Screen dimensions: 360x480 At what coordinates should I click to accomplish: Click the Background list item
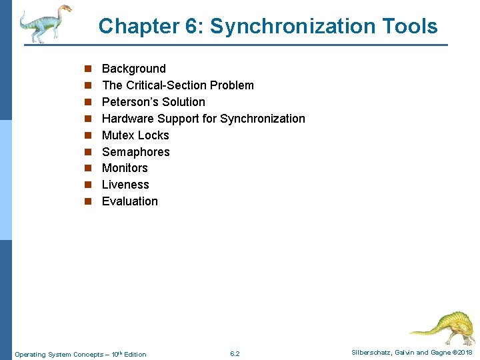[x=133, y=69]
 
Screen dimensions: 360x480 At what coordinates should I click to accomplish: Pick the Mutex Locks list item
[x=135, y=135]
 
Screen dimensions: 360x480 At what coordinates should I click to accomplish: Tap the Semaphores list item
[x=135, y=152]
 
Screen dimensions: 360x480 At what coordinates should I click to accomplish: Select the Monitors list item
[x=125, y=168]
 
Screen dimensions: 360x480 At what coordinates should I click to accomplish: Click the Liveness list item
[x=125, y=185]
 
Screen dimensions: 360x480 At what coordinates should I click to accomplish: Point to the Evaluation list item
[x=130, y=201]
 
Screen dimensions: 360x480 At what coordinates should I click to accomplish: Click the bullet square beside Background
[x=87, y=69]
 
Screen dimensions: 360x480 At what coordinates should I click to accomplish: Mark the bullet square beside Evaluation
[x=87, y=201]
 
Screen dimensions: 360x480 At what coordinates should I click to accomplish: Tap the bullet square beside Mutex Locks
[x=87, y=135]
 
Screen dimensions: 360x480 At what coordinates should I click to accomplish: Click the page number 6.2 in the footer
[x=235, y=353]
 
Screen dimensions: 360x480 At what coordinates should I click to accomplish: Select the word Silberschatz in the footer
[x=371, y=353]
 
